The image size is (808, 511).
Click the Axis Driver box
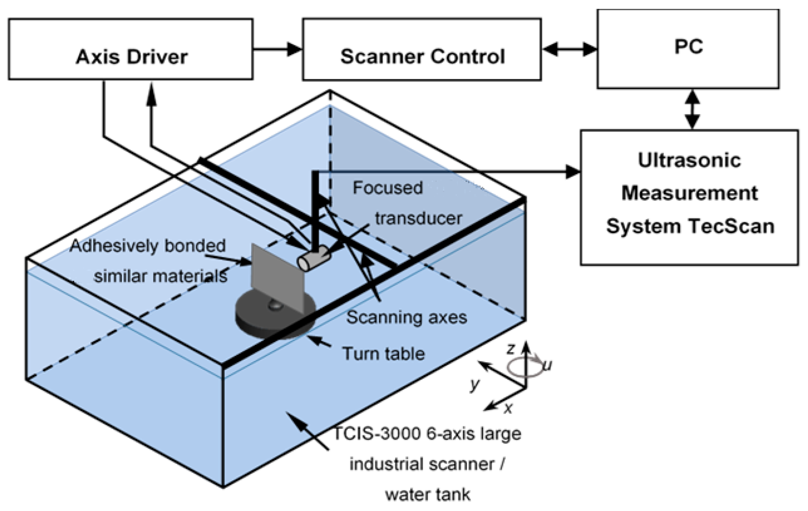point(131,49)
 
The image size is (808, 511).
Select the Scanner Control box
point(422,49)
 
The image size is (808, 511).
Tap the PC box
point(688,49)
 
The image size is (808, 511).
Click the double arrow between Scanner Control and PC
point(569,49)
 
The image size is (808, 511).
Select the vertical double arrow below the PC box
point(692,109)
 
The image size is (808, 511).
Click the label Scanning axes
point(406,317)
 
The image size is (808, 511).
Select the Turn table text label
point(383,354)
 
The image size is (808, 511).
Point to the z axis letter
point(511,348)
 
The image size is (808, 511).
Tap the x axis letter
point(508,408)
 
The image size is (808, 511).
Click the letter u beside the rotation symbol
point(547,365)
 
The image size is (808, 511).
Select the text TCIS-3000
point(377,433)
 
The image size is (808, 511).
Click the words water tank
point(427,495)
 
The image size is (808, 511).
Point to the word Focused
point(388,188)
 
